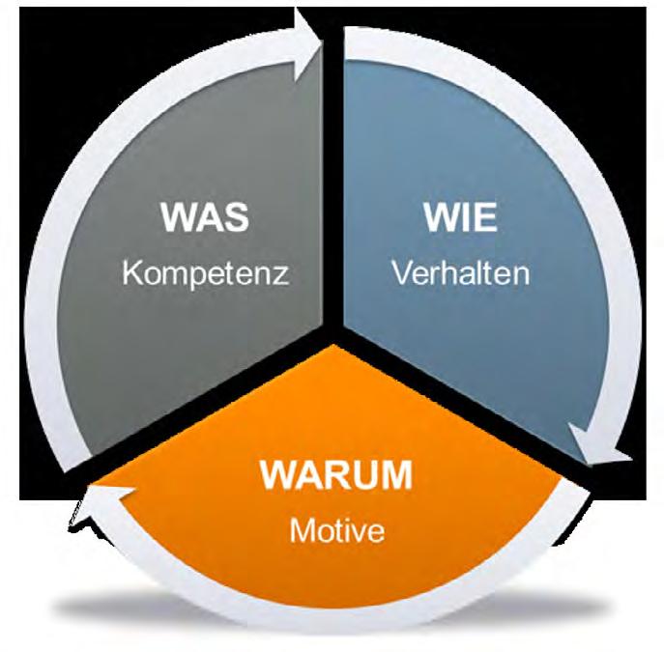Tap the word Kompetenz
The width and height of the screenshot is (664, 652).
pos(206,272)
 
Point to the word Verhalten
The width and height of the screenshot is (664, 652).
pos(461,272)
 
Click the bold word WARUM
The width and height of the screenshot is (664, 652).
pos(335,477)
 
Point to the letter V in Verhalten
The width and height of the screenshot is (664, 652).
pos(401,272)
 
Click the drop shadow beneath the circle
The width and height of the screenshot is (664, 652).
pos(335,633)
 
